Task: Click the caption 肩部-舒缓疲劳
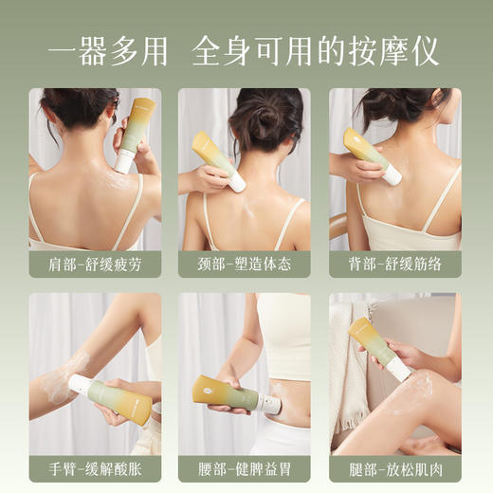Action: (94, 264)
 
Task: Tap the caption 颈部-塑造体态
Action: (244, 264)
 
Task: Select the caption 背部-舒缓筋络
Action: (394, 264)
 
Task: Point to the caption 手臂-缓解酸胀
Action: (94, 468)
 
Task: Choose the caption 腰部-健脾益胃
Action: (244, 468)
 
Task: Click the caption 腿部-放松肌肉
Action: (394, 468)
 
